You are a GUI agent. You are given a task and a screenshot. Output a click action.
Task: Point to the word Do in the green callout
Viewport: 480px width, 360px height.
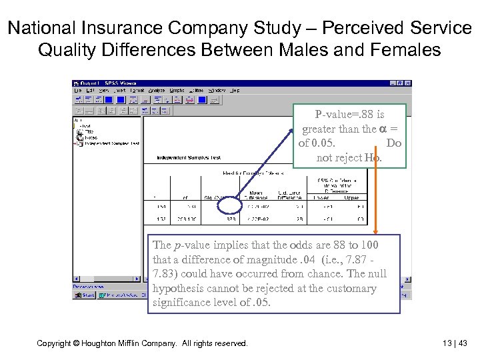tap(394, 143)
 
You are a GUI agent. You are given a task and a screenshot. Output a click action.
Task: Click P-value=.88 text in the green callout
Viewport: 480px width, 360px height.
tap(350, 115)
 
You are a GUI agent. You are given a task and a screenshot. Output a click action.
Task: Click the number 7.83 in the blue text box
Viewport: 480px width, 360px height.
tap(164, 274)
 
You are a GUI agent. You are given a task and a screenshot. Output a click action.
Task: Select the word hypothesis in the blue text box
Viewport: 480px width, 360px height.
tap(179, 289)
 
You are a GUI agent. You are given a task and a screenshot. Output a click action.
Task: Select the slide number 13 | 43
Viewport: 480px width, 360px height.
tap(455, 343)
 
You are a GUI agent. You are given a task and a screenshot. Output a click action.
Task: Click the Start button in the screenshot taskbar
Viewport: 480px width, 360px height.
tap(84, 294)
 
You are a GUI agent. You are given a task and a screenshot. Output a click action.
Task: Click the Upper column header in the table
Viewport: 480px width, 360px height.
tap(353, 197)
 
